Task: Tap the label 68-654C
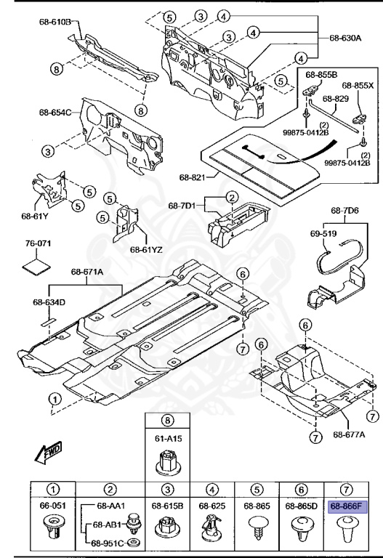(55, 112)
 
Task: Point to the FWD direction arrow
(45, 455)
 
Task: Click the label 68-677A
(349, 434)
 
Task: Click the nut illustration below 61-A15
(168, 461)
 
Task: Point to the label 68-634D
(49, 302)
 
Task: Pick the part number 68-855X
(358, 85)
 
